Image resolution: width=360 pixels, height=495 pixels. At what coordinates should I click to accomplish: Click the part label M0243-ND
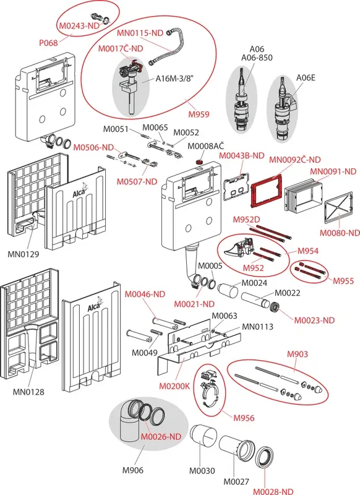pyautogui.click(x=79, y=25)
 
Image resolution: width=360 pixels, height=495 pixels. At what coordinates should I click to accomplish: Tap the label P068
pyautogui.click(x=48, y=43)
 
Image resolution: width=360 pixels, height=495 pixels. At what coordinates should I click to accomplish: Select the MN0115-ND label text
pyautogui.click(x=140, y=33)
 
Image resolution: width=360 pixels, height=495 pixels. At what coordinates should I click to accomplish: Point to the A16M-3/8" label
pyautogui.click(x=174, y=78)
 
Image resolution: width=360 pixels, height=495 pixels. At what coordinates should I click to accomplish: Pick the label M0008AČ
pyautogui.click(x=205, y=146)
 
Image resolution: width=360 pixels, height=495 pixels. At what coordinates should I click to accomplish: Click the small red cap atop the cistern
pyautogui.click(x=199, y=162)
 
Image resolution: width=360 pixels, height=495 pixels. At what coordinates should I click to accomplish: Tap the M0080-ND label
pyautogui.click(x=340, y=233)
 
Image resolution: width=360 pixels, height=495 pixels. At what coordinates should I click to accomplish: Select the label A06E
pyautogui.click(x=306, y=77)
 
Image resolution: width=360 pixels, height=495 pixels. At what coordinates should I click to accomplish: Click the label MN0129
pyautogui.click(x=24, y=254)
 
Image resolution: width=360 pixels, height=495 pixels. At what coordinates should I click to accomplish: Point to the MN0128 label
pyautogui.click(x=28, y=392)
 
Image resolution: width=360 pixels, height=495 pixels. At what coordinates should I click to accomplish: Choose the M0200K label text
pyautogui.click(x=174, y=385)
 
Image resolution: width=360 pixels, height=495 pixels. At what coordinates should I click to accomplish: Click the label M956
pyautogui.click(x=244, y=418)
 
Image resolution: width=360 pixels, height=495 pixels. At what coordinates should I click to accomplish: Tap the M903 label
pyautogui.click(x=297, y=354)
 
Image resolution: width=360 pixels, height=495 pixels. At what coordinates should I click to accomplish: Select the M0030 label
pyautogui.click(x=202, y=471)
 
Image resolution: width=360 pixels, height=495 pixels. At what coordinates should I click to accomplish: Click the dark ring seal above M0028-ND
pyautogui.click(x=264, y=457)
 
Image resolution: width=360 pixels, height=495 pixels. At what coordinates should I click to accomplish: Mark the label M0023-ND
pyautogui.click(x=314, y=320)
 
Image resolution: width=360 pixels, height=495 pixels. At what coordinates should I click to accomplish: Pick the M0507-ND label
pyautogui.click(x=137, y=181)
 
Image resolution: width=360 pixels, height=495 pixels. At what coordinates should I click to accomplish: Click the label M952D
pyautogui.click(x=246, y=220)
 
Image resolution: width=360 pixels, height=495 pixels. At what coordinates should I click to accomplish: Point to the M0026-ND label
pyautogui.click(x=161, y=437)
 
